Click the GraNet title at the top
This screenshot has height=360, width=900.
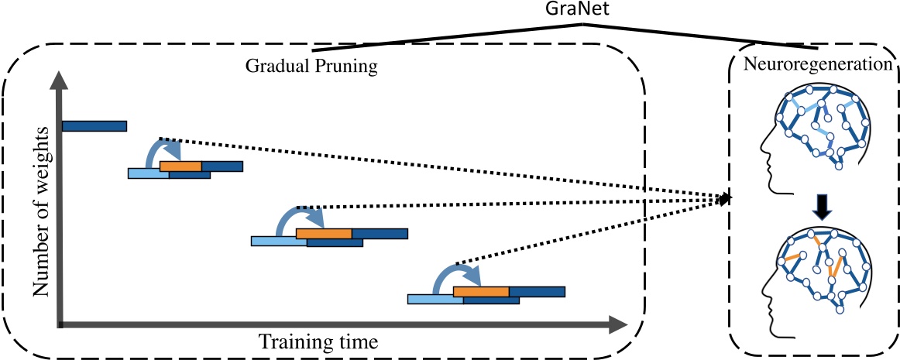(584, 9)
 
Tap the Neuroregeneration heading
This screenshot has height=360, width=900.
(816, 65)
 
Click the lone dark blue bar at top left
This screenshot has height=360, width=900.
(94, 125)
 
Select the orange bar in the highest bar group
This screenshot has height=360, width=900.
(180, 166)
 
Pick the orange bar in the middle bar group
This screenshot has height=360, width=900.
(323, 233)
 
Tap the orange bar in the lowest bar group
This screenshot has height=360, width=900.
(480, 291)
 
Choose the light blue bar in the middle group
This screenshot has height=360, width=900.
(277, 242)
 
